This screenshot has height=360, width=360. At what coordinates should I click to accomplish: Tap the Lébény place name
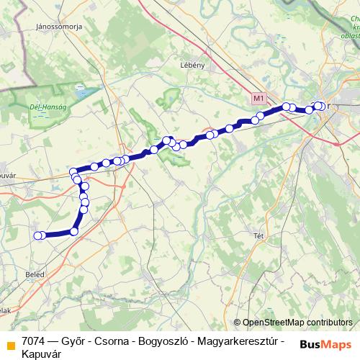(193, 65)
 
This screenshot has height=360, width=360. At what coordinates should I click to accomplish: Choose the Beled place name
(33, 275)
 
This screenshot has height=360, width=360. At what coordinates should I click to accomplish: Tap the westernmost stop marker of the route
(37, 235)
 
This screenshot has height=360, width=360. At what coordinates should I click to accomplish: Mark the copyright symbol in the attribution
(238, 323)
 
